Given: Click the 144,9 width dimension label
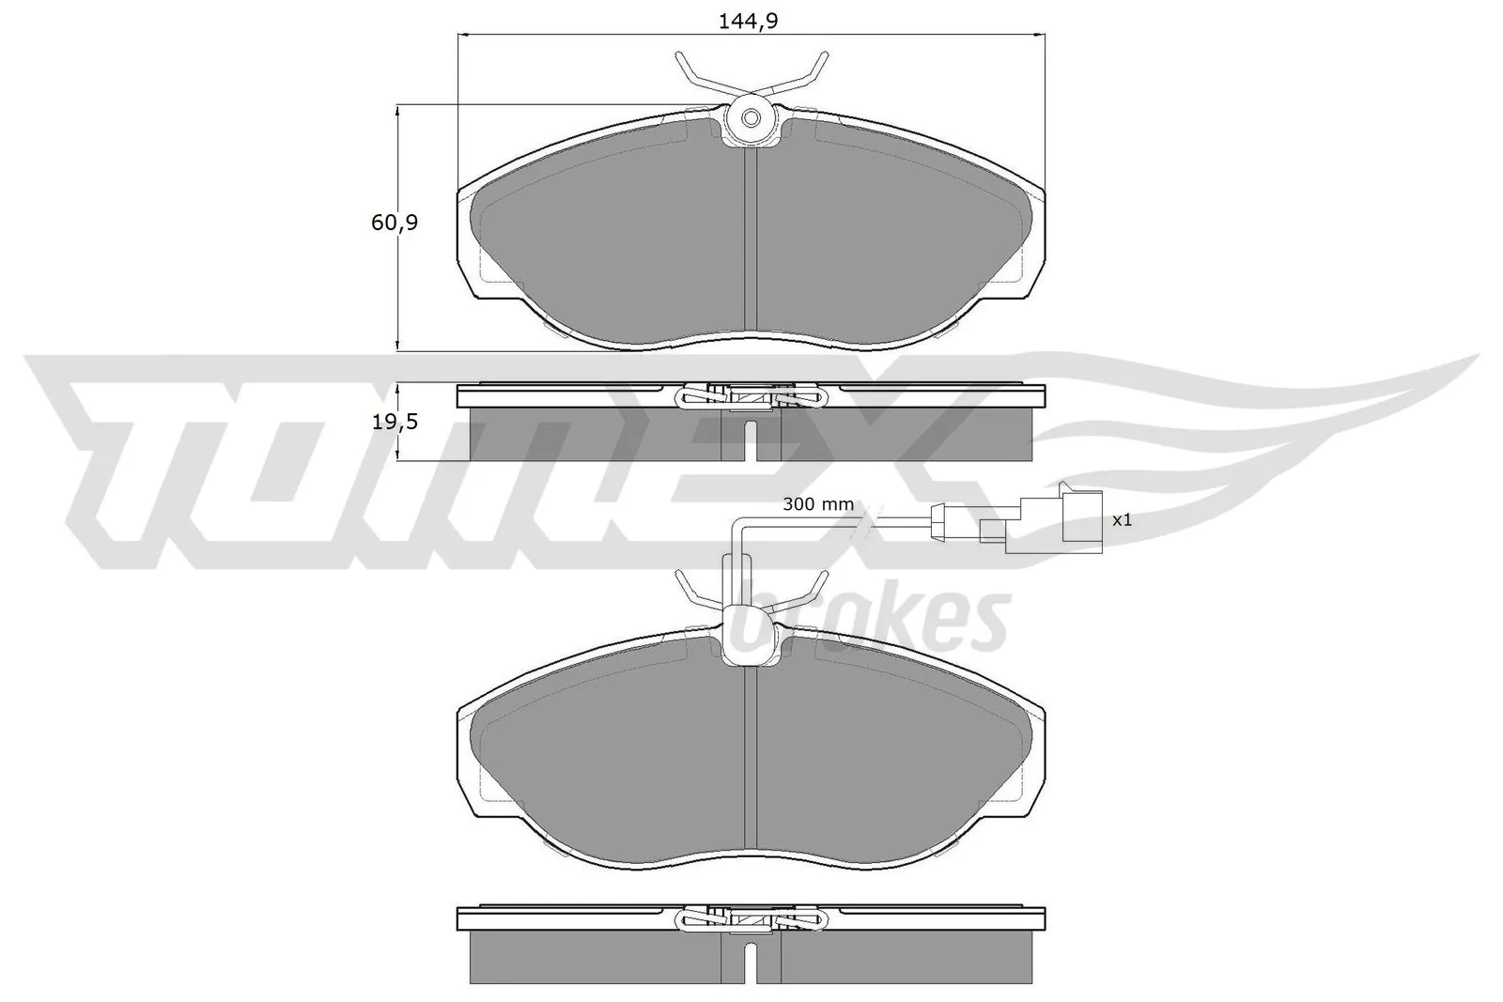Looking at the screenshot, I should pyautogui.click(x=750, y=21).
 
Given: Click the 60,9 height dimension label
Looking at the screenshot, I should pyautogui.click(x=395, y=223).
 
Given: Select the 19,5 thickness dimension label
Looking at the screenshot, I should pyautogui.click(x=395, y=422).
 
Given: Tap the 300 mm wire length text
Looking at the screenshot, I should pyautogui.click(x=818, y=504).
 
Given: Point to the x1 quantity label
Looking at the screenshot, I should pyautogui.click(x=1122, y=519).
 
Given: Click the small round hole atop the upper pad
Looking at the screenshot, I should pyautogui.click(x=751, y=118).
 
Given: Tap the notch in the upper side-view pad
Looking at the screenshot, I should pyautogui.click(x=751, y=441).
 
